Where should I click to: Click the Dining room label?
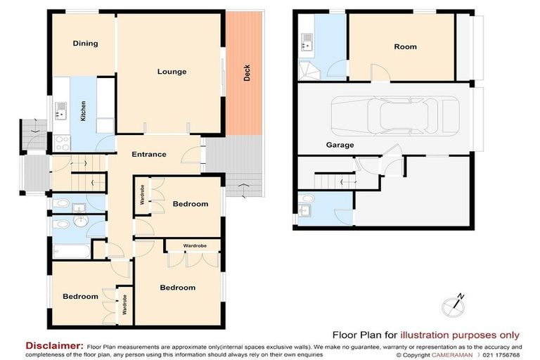click(85, 44)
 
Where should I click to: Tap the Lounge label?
click(172, 72)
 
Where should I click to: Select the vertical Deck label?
click(247, 73)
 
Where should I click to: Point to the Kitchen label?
click(82, 112)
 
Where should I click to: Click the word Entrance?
click(149, 155)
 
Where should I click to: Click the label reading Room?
click(405, 47)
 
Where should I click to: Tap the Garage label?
click(340, 145)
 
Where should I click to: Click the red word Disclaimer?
click(54, 345)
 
